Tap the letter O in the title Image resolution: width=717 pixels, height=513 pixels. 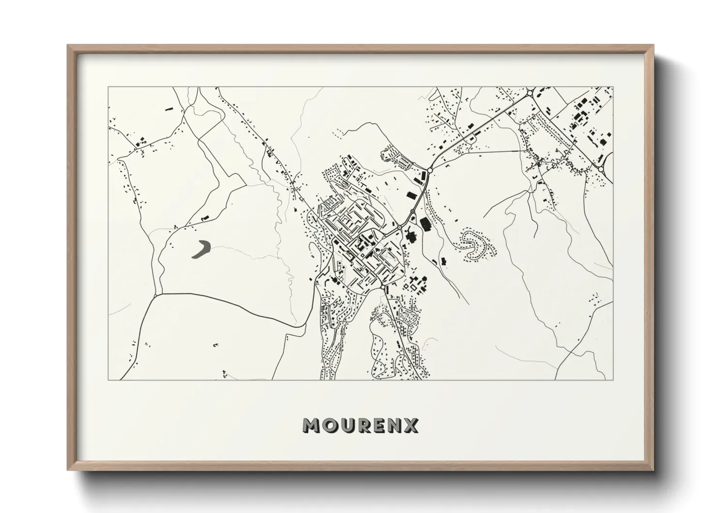329,425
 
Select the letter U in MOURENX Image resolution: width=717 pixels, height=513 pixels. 347,425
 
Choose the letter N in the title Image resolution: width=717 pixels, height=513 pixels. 395,425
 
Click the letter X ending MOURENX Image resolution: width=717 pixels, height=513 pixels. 412,425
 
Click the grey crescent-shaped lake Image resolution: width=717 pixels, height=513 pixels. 201,249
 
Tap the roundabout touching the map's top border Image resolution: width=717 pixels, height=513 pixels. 531,92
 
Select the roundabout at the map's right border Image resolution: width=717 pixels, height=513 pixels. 602,169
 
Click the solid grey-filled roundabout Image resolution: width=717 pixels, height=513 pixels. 412,212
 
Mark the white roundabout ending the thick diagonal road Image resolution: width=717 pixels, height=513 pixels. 430,170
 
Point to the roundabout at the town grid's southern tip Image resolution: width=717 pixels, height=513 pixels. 383,288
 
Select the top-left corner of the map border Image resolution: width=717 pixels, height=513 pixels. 108,87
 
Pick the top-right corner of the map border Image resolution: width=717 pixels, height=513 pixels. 612,87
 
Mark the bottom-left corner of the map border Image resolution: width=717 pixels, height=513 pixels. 108,380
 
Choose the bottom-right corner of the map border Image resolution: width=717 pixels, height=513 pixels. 612,380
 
